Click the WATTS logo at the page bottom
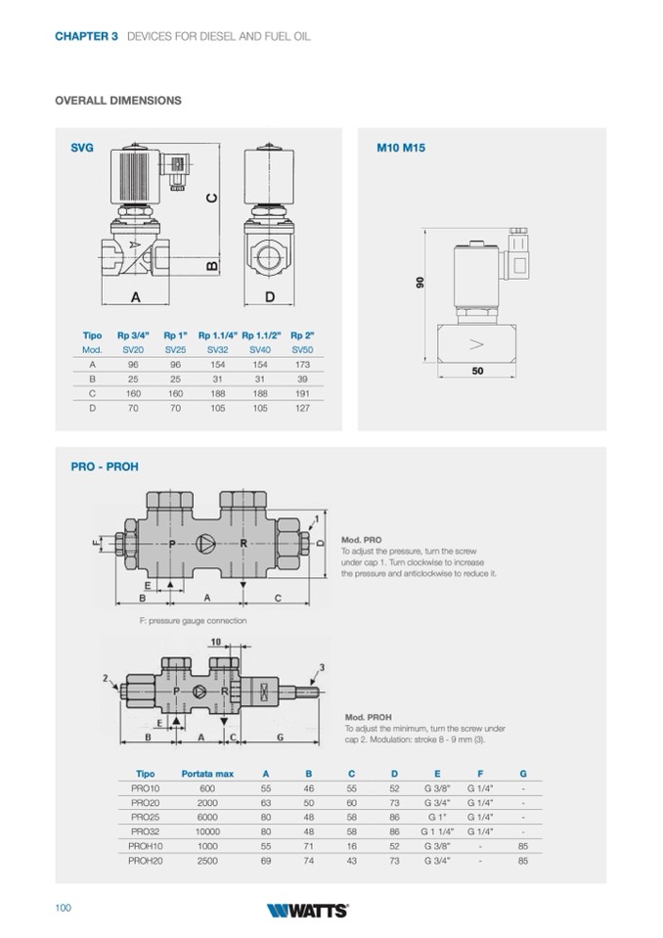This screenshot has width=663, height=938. [307, 910]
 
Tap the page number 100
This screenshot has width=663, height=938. [64, 909]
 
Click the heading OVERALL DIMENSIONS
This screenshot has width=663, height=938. [118, 101]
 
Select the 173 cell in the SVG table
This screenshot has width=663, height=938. [301, 364]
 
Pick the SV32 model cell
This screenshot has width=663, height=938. [217, 349]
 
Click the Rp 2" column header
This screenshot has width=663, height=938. [301, 335]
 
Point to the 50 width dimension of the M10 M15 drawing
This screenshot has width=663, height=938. [477, 372]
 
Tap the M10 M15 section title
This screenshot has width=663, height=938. [401, 149]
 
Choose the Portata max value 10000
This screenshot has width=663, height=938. [207, 831]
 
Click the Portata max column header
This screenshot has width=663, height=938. [207, 774]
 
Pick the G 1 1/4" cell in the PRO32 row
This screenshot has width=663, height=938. [437, 831]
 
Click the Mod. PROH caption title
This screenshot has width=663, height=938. [366, 717]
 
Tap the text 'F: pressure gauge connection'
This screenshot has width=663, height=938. [194, 621]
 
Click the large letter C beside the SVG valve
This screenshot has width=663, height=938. [212, 198]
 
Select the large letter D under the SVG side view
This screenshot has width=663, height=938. [269, 297]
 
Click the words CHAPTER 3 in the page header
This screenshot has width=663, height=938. [87, 36]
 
